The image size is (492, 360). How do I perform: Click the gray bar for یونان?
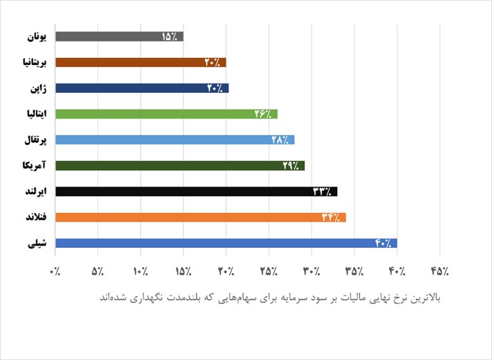[119, 36]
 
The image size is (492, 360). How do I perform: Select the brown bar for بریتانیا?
[140, 62]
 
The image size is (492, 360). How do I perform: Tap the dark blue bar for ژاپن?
[141, 88]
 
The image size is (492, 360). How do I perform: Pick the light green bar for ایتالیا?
[166, 114]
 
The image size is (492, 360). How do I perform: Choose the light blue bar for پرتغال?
[174, 139]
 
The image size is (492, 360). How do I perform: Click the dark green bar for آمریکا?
[179, 166]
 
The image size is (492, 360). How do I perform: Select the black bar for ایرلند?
[196, 191]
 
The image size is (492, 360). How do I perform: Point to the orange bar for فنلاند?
[200, 217]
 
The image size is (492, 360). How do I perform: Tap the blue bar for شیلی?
[226, 243]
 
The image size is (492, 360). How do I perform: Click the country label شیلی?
[36, 244]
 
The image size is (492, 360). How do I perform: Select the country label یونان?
[36, 36]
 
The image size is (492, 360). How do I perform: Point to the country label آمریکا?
[34, 166]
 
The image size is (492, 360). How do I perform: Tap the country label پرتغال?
[34, 140]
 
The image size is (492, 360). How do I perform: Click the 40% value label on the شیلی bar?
[383, 243]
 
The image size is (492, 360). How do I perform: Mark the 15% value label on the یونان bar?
[170, 36]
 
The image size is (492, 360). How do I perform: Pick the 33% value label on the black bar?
[323, 191]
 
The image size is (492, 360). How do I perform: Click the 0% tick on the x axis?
[56, 272]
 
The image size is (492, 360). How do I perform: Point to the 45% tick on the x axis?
[440, 272]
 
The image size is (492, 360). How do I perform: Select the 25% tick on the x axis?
[269, 272]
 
